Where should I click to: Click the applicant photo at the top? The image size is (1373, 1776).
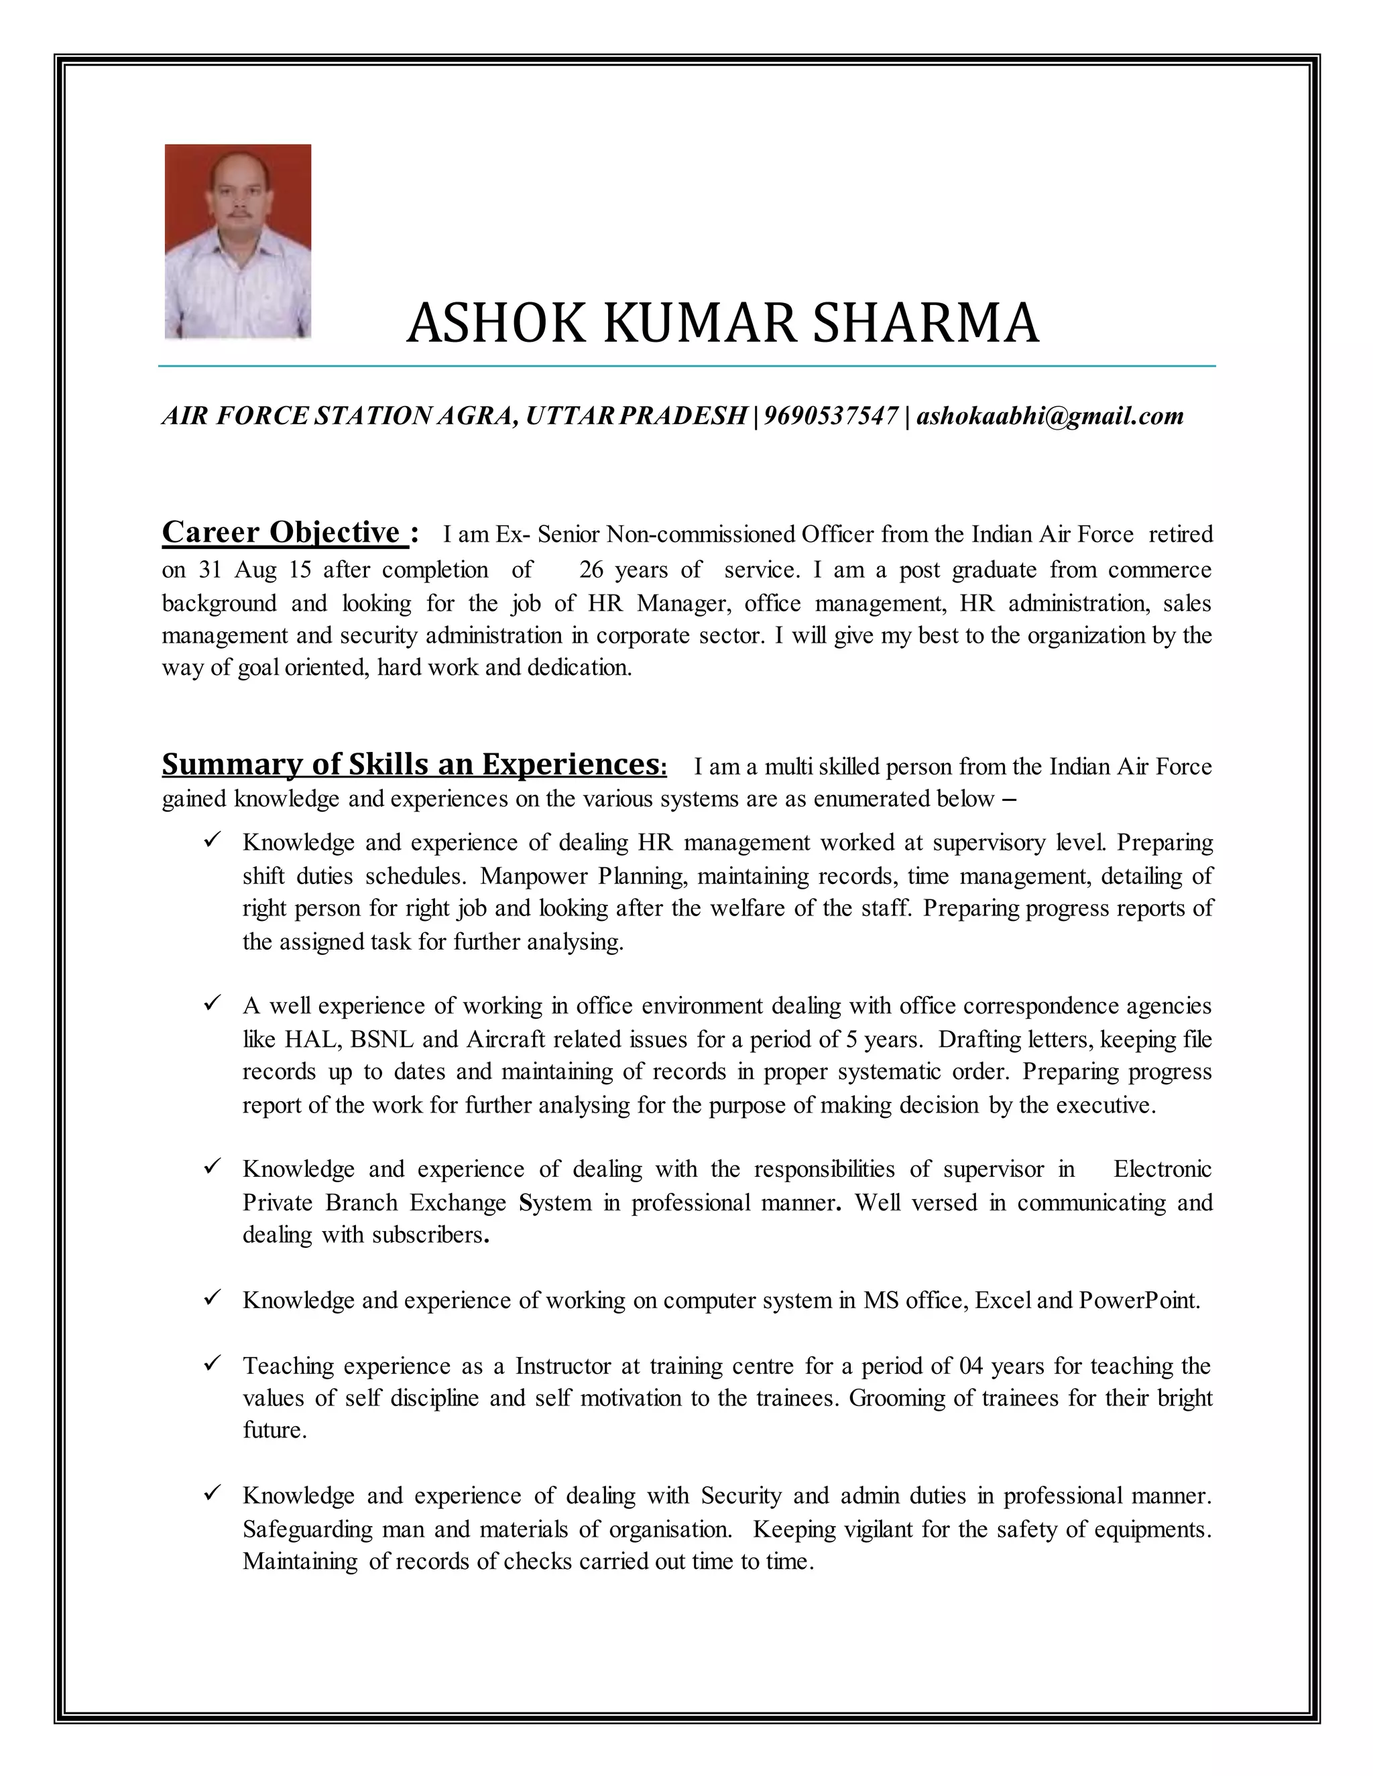(x=237, y=241)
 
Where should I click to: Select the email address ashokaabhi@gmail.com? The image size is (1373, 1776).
(x=1050, y=416)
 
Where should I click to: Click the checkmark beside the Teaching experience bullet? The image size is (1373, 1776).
(x=213, y=1364)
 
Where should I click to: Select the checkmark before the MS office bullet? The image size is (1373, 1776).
(x=213, y=1299)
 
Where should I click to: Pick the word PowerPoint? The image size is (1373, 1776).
(x=1139, y=1300)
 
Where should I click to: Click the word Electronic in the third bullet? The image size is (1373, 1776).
(x=1162, y=1169)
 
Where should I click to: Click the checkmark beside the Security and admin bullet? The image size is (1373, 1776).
(x=213, y=1494)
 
